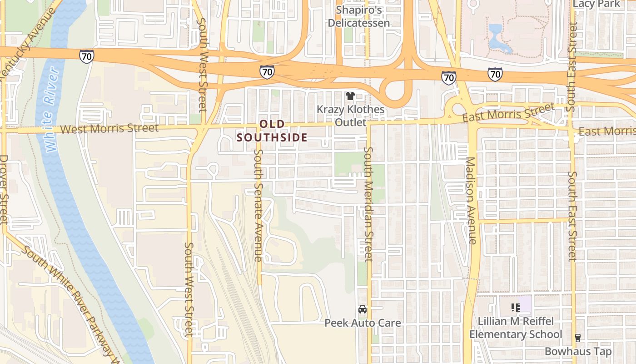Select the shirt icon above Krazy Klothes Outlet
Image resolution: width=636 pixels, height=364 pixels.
click(350, 96)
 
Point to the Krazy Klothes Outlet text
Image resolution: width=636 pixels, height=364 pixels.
click(350, 116)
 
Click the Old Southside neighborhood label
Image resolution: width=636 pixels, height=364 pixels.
click(272, 131)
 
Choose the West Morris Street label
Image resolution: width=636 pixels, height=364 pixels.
click(109, 129)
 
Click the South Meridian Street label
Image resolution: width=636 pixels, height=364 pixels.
click(368, 204)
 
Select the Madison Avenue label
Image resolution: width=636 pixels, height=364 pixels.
click(471, 200)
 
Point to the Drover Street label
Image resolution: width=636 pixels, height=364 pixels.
click(4, 189)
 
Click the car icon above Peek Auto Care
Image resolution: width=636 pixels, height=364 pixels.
click(363, 309)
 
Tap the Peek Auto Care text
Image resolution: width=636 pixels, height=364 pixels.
click(363, 323)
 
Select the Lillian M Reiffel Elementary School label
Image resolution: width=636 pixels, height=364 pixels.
click(516, 328)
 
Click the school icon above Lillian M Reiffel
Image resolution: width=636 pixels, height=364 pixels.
click(516, 308)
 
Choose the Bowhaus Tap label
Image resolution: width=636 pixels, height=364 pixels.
click(578, 351)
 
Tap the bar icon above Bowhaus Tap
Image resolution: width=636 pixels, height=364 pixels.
click(578, 338)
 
